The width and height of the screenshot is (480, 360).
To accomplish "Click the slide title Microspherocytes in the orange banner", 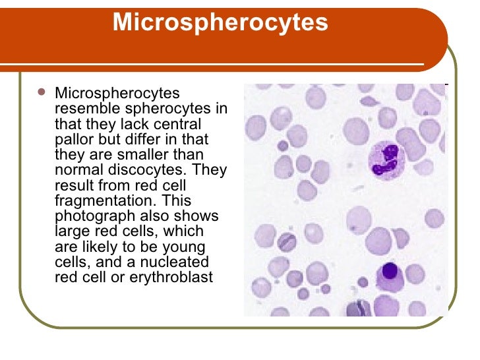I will point(220,22).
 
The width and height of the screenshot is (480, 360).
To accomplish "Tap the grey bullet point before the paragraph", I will point(42,94).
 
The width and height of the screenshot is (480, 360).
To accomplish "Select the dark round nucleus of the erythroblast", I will point(390,271).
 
